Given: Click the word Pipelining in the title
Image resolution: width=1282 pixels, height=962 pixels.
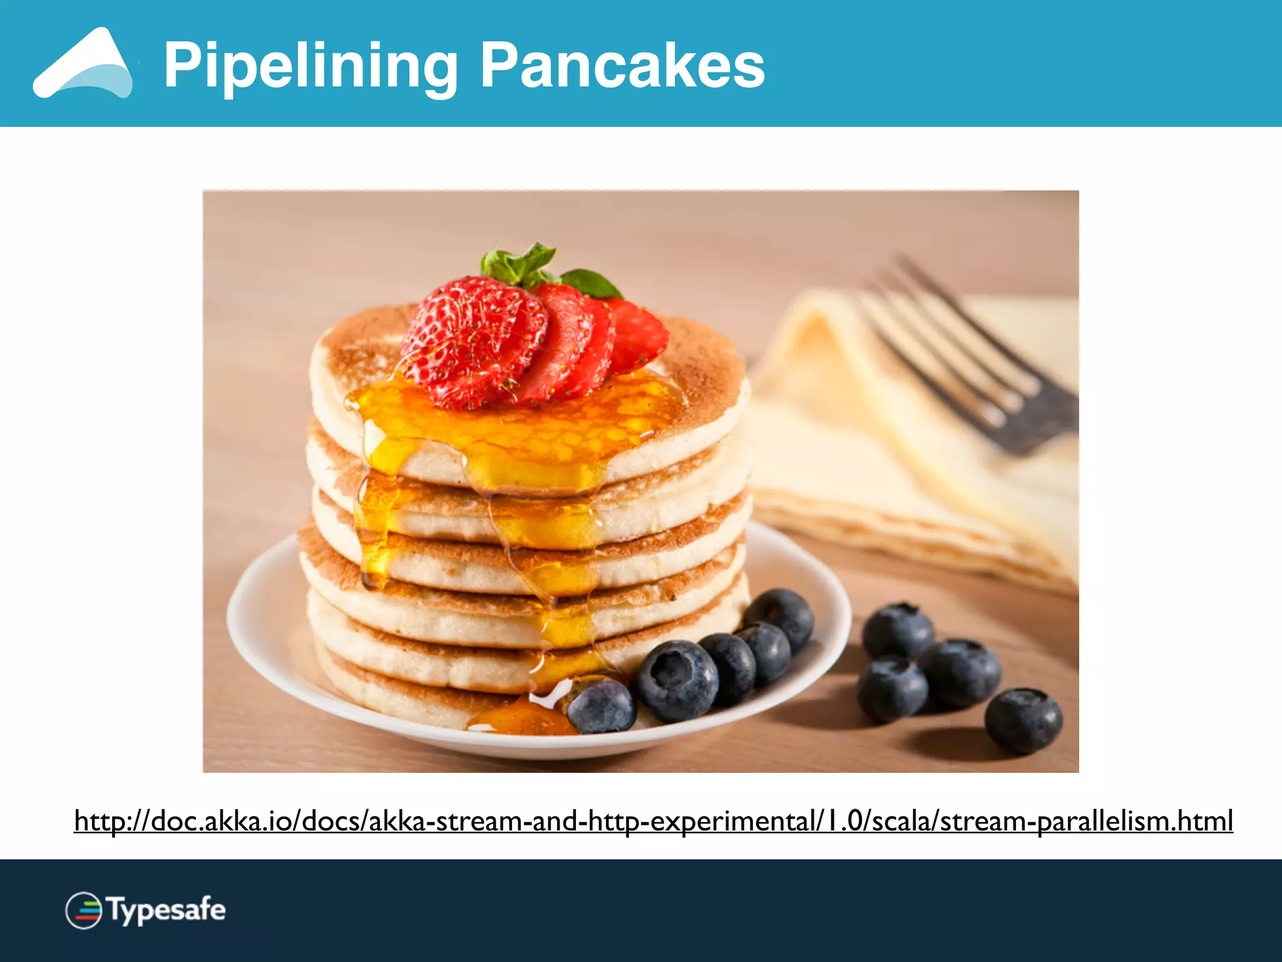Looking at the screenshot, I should click(x=311, y=66).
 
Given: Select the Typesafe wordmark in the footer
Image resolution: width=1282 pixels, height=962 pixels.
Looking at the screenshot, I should click(x=167, y=910).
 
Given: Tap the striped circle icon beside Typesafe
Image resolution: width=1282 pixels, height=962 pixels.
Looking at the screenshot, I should click(x=84, y=910).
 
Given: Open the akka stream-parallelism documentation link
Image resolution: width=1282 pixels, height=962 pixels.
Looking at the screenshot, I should click(x=654, y=821).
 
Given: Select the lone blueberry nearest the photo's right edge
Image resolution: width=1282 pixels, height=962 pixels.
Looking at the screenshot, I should click(x=1023, y=720).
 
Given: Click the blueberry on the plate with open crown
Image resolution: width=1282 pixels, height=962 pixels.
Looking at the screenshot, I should click(x=677, y=679).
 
